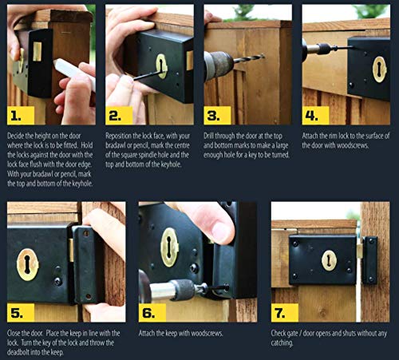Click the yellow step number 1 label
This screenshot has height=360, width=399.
click(x=21, y=116)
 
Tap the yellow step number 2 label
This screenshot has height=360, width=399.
click(x=119, y=116)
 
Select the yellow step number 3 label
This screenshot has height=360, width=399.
click(x=217, y=116)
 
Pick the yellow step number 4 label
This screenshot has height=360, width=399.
click(x=315, y=116)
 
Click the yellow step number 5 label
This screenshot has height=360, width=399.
click(x=21, y=313)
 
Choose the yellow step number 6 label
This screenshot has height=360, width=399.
click(x=152, y=313)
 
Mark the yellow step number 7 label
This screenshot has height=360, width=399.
click(x=285, y=313)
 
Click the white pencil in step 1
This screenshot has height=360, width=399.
click(x=74, y=73)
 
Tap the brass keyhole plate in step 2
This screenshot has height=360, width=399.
click(x=161, y=66)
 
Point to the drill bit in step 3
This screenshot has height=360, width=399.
click(x=249, y=58)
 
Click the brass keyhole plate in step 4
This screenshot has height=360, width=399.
click(x=379, y=69)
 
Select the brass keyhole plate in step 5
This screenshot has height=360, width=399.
click(x=27, y=265)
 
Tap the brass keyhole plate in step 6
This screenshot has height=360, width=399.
click(x=169, y=247)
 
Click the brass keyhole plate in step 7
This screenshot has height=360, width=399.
click(x=329, y=260)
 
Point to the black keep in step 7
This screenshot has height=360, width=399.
click(x=370, y=260)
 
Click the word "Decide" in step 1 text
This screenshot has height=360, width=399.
click(x=16, y=136)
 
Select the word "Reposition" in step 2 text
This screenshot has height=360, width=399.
click(x=119, y=136)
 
